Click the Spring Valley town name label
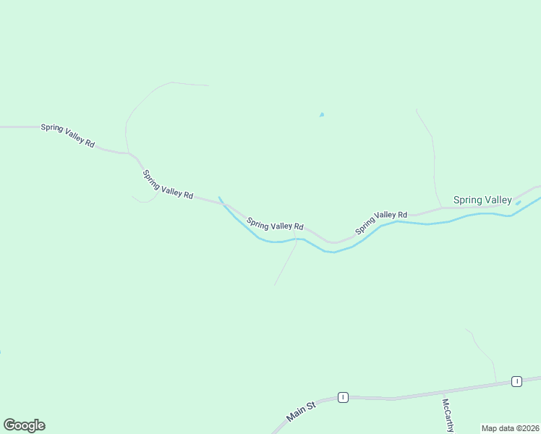tap(482, 200)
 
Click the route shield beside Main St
tap(343, 397)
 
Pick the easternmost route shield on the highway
tap(516, 381)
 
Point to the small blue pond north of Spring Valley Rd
tap(322, 114)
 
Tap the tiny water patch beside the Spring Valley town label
tap(518, 203)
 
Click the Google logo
tap(24, 425)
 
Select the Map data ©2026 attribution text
tap(510, 428)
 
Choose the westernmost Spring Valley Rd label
tap(68, 135)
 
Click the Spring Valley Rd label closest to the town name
tap(381, 224)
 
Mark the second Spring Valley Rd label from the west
tap(168, 184)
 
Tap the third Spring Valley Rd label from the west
tap(274, 225)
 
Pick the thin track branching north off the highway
tap(483, 354)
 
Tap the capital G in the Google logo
tap(9, 425)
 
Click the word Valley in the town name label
tap(498, 200)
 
